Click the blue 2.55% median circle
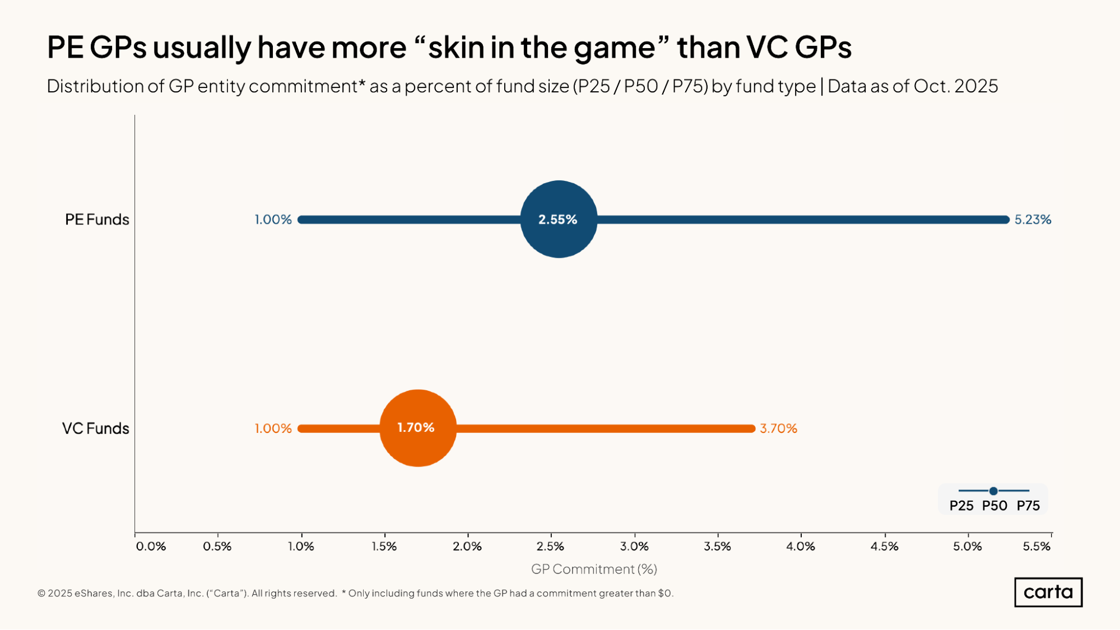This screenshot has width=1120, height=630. click(x=559, y=219)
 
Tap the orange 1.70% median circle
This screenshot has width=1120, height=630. click(x=418, y=428)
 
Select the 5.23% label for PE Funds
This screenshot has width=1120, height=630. click(x=1033, y=220)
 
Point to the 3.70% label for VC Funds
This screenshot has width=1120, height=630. click(x=778, y=428)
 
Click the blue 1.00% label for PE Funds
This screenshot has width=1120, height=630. click(x=273, y=220)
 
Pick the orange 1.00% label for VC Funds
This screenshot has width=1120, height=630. click(x=273, y=428)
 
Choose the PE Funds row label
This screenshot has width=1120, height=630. click(x=97, y=220)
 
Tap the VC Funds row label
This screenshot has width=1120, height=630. click(x=95, y=428)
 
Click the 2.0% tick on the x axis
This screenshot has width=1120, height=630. click(x=467, y=546)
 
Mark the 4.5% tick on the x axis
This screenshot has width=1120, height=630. click(x=884, y=546)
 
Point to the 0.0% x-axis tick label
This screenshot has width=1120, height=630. click(x=151, y=546)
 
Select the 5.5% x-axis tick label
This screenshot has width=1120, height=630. click(x=1036, y=546)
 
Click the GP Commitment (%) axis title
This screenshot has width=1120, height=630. click(x=594, y=569)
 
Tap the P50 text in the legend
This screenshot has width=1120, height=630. click(x=994, y=506)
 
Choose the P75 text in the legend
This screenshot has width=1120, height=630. click(x=1028, y=506)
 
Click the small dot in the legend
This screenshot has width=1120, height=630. click(x=993, y=491)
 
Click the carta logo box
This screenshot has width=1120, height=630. click(x=1048, y=592)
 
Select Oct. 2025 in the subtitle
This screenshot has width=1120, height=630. click(x=956, y=86)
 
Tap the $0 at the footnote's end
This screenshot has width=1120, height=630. click(x=664, y=593)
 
